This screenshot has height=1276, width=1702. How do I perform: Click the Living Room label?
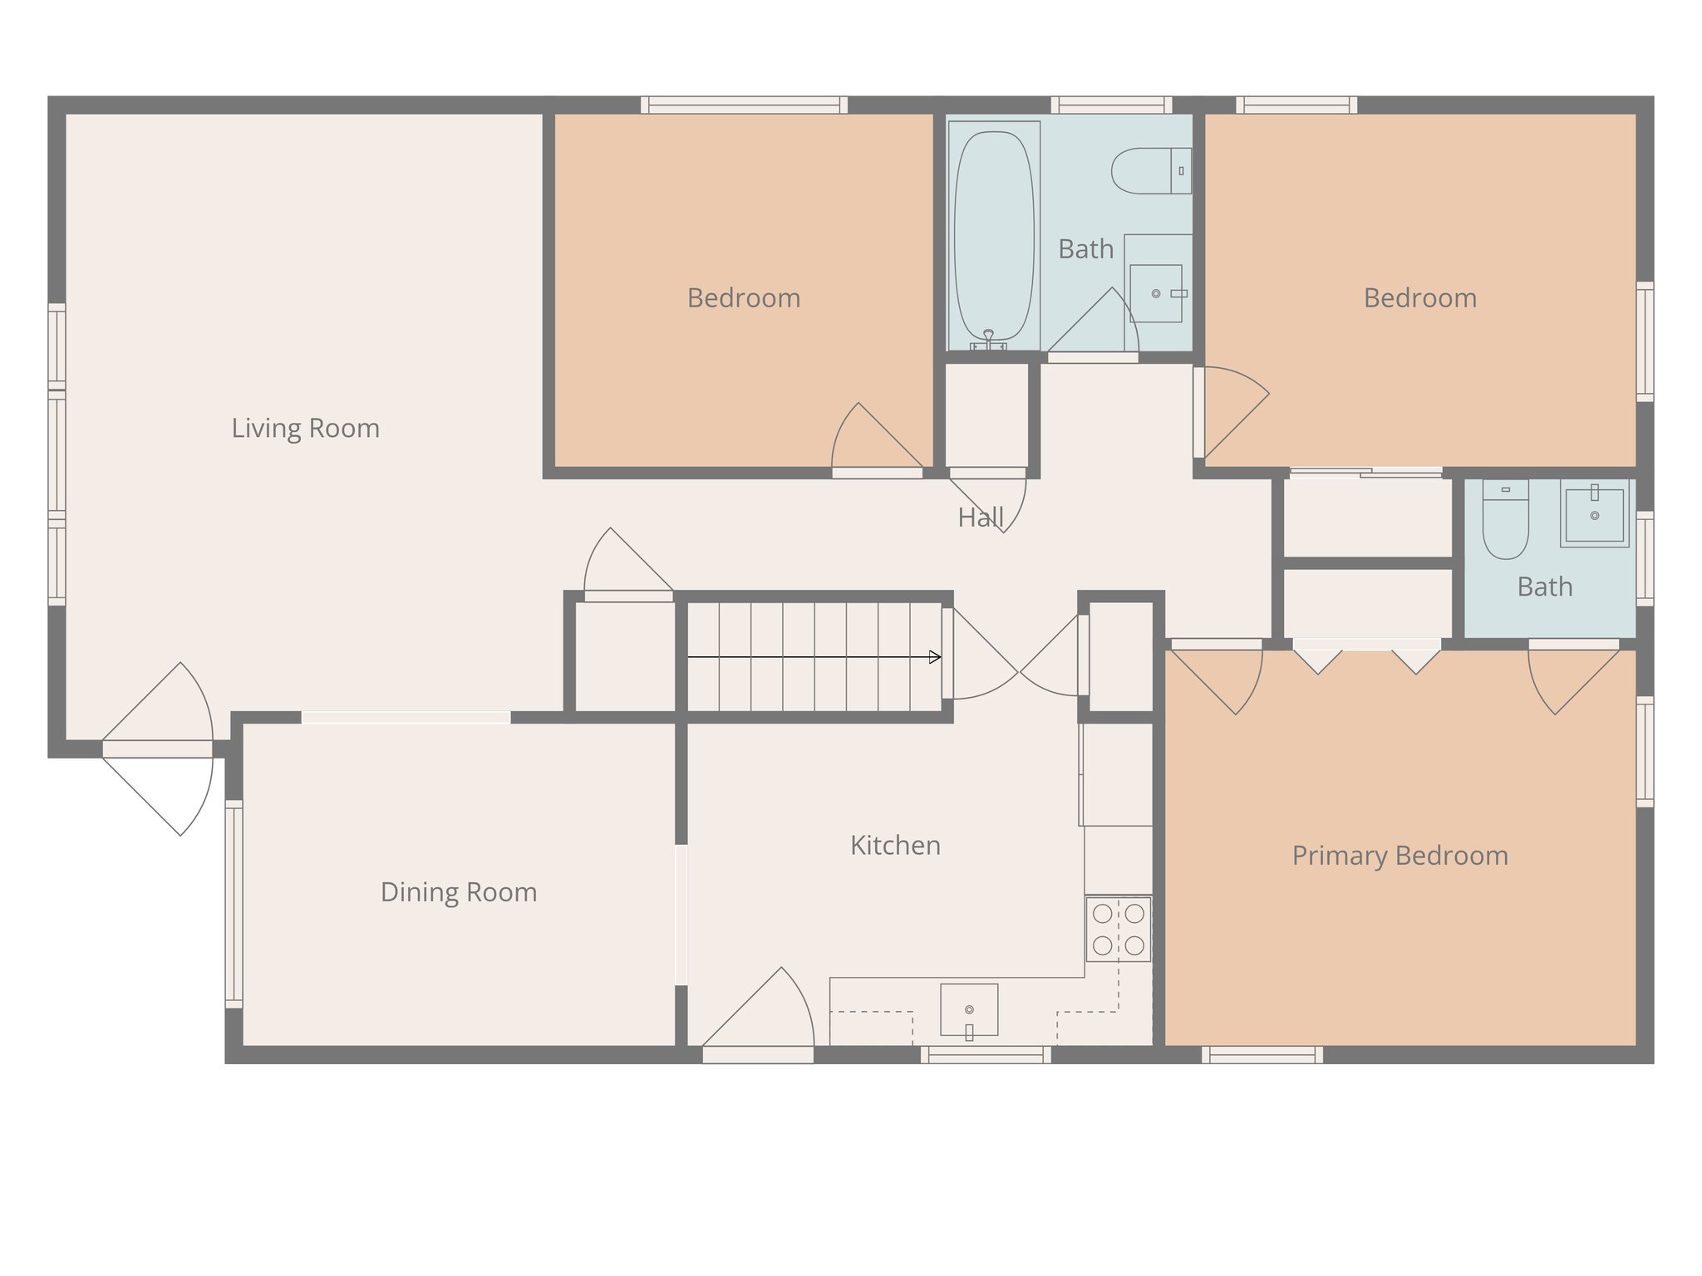coord(305,428)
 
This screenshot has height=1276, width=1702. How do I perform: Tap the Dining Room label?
coord(458,891)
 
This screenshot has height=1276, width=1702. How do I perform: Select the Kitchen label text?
coord(895,845)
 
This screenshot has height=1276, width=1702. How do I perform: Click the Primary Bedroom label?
coord(1399,855)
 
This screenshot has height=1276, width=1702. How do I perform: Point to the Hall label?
coord(981,518)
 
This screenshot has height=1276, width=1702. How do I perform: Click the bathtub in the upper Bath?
coord(994,236)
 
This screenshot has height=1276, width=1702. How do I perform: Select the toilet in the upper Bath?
coord(1150,170)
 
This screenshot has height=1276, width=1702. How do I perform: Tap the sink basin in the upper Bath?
coord(1156,293)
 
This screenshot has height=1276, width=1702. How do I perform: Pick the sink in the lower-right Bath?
coord(1594,516)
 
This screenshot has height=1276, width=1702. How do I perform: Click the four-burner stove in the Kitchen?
coord(1118,929)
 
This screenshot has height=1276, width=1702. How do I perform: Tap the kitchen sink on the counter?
coord(969,1010)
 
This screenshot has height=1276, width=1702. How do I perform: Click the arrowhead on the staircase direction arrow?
coord(936,657)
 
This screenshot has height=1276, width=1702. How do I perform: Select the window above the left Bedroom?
coord(744,105)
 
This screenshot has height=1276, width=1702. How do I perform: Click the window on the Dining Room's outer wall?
coord(234,903)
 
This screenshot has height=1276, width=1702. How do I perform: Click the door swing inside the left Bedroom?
coord(873,440)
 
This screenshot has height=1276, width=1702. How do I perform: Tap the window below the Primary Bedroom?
coord(1262,1055)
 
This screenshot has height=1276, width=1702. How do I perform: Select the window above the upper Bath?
coord(1111,105)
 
